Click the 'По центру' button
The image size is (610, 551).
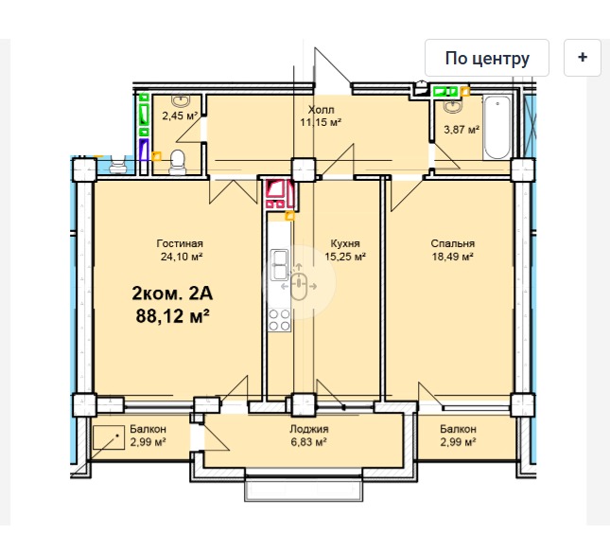pos(487,58)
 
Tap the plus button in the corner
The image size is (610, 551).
pos(583,58)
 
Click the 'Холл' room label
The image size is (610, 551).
pos(321,110)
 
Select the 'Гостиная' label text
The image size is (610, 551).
pos(180,243)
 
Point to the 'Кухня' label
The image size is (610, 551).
pos(345,243)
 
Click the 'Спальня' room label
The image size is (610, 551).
pos(452,243)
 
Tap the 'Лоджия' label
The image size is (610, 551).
pos(309,429)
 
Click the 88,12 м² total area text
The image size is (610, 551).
pos(173,315)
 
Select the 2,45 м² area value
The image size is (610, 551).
pos(180,116)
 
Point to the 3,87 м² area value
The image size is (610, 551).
pos(462,130)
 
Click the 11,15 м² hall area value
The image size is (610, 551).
pos(321,122)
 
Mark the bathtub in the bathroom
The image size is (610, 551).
pos(497,127)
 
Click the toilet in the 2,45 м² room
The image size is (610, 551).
pos(178,162)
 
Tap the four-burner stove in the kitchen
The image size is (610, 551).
pos(279,320)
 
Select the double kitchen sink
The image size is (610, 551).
pos(279,265)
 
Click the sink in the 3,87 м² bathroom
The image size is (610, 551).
pos(452,105)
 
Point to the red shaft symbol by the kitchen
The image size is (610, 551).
pos(280,193)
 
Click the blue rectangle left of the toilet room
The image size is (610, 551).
pos(144,150)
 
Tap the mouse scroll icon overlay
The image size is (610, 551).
pos(299,283)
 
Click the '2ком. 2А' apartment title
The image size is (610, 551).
pos(172,293)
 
